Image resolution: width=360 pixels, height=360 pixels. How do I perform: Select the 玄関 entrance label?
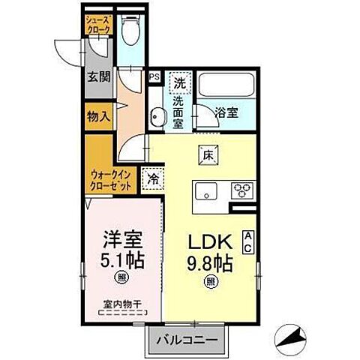tap(97, 76)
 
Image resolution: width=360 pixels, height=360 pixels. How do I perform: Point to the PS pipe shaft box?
tap(154, 76)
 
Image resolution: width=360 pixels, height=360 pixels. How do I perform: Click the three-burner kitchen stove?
tap(244, 188)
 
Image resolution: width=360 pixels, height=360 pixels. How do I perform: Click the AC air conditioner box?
tap(248, 240)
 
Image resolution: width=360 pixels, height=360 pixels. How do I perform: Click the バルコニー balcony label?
tap(187, 341)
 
